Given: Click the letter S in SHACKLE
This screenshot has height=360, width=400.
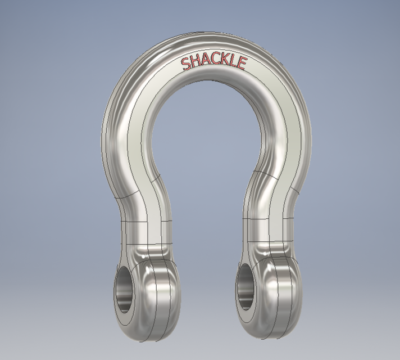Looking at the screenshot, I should click(186, 64).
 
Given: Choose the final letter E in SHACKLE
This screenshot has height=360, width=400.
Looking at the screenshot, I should click(242, 65).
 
